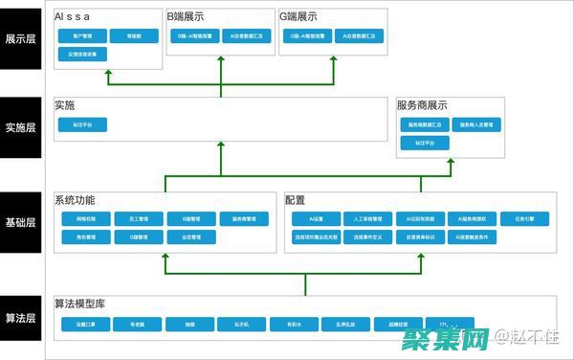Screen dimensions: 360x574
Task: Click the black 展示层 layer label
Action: (21, 39)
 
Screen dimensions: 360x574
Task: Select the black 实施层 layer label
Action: (21, 127)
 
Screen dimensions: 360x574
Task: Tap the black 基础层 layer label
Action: (21, 222)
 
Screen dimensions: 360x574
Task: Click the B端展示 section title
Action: (185, 16)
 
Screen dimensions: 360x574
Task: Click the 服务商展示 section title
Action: (422, 105)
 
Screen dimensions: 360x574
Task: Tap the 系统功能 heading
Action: (75, 200)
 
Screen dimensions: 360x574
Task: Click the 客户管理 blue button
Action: (81, 35)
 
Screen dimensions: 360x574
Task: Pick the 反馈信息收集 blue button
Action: (81, 55)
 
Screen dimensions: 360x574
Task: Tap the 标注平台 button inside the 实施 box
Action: (81, 124)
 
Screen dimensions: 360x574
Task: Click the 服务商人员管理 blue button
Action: (480, 124)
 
